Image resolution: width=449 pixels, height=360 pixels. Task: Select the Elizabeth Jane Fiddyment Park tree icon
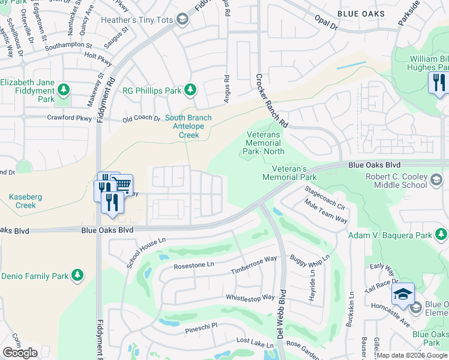(x=63, y=91)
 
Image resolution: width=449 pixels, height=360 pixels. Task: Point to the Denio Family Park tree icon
(x=77, y=276)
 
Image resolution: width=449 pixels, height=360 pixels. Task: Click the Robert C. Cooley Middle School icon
(x=436, y=178)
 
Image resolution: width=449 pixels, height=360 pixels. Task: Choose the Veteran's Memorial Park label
(x=289, y=173)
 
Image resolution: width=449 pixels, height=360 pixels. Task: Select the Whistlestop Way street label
(x=250, y=298)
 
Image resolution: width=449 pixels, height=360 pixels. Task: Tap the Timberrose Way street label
(x=254, y=265)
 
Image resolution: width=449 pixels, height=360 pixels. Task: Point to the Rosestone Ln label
(x=193, y=265)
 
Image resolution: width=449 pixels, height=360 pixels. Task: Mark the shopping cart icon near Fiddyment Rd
(x=122, y=184)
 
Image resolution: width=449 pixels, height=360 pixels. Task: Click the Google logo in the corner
(x=20, y=353)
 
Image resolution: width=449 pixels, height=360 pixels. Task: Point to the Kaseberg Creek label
(x=22, y=201)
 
